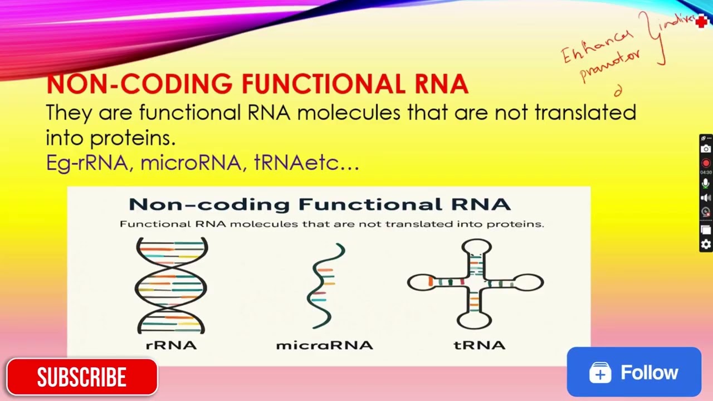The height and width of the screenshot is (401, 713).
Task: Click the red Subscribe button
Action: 82,377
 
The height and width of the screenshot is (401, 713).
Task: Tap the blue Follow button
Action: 634,372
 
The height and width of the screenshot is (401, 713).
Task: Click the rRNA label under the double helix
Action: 171,345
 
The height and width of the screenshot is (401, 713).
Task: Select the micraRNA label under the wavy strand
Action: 324,345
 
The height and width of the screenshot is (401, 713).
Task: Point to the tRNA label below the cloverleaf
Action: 480,345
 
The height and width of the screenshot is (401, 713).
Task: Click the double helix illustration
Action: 171,285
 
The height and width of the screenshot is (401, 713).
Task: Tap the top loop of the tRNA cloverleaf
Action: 476,248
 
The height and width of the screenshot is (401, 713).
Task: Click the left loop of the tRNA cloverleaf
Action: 418,282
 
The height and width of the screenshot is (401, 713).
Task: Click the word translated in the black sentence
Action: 585,113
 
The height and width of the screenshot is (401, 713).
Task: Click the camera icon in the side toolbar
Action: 706,149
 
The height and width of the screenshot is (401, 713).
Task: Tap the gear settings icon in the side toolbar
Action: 706,244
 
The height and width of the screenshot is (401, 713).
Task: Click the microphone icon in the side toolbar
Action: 706,183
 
